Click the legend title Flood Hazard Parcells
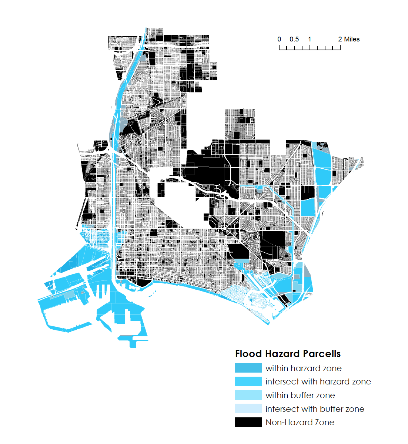click(x=288, y=354)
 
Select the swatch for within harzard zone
click(x=248, y=368)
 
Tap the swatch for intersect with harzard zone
click(x=248, y=381)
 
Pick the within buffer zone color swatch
click(x=248, y=395)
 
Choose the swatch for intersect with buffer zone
click(x=248, y=409)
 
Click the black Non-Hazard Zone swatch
click(x=248, y=422)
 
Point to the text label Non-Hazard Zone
click(x=300, y=423)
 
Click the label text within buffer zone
click(x=300, y=396)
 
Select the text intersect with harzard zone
click(x=318, y=382)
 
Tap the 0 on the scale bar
click(x=279, y=39)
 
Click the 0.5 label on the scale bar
click(x=294, y=39)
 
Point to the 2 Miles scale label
click(x=349, y=39)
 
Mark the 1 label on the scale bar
click(x=310, y=39)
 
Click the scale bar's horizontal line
click(x=310, y=49)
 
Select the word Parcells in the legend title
click(x=321, y=354)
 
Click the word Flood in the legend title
click(x=248, y=354)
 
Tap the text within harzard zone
click(x=304, y=369)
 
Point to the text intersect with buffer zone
click(x=315, y=409)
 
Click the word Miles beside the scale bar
click(x=352, y=39)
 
